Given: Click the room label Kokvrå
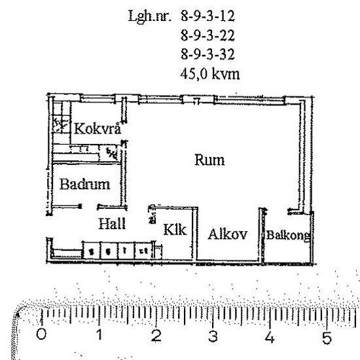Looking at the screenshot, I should point(98,128).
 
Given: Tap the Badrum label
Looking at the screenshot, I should point(84,185).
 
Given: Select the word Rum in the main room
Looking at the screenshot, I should point(209,160).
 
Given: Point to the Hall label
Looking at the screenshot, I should point(112,224).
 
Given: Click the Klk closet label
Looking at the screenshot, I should point(175,230).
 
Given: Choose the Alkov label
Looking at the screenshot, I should point(227,234).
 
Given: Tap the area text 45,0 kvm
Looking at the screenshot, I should point(209,75).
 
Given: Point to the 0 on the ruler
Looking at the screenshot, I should point(43,336).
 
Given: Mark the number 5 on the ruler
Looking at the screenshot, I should point(327,338).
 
